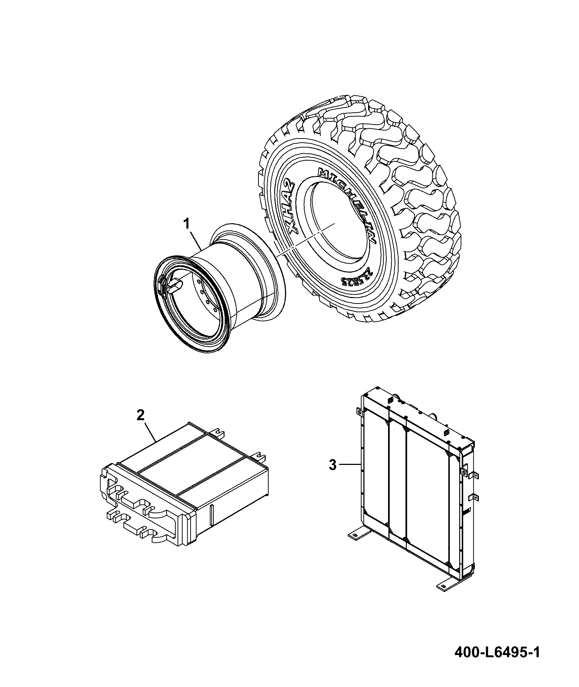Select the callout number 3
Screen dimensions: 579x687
point(333,465)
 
